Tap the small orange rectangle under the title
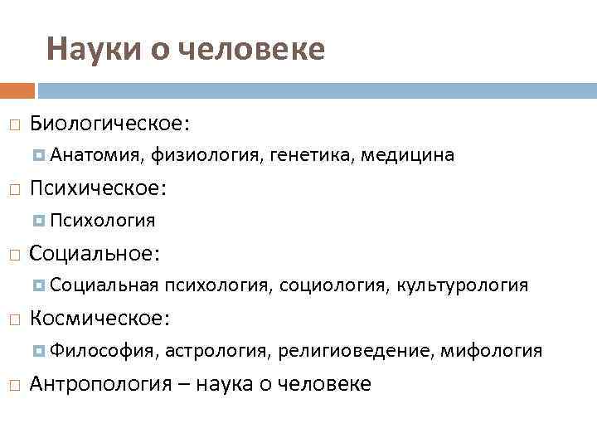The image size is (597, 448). [17, 90]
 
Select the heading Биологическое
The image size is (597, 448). [109, 124]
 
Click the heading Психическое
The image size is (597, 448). [98, 188]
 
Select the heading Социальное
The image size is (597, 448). [95, 253]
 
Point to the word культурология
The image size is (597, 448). [463, 285]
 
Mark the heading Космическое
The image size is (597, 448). [100, 318]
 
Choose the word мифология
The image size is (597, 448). [492, 350]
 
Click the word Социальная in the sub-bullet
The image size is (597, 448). [104, 285]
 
